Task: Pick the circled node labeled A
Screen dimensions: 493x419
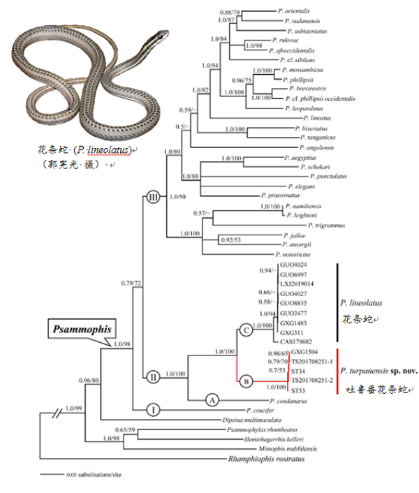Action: click(x=213, y=399)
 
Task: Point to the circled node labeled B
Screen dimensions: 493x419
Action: click(x=246, y=382)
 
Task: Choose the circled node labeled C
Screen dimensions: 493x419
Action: click(x=246, y=330)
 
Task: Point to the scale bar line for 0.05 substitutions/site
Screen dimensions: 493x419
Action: click(x=52, y=476)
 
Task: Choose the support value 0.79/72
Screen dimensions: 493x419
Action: click(x=130, y=284)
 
